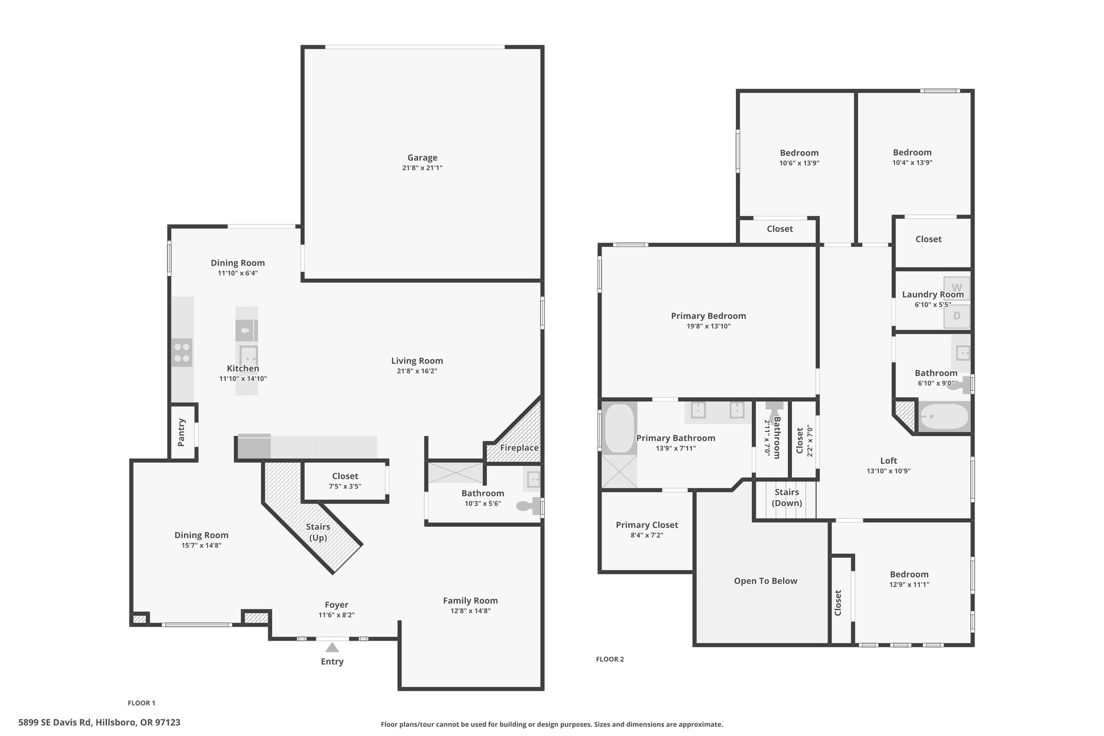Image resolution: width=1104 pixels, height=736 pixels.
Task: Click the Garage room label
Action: pos(422,157)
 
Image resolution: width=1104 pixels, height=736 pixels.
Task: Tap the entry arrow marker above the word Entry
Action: pos(332,648)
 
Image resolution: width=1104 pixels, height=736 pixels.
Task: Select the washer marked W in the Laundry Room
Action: pos(957,288)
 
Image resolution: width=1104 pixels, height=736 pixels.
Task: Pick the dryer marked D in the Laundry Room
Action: pos(957,316)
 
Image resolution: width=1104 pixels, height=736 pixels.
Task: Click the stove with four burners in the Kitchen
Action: pos(182,353)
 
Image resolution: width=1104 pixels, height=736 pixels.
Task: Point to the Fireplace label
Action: pos(519,448)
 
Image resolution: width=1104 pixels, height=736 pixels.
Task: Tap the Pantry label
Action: pos(181,432)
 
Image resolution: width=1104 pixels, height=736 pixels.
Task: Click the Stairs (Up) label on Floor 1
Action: pos(318,532)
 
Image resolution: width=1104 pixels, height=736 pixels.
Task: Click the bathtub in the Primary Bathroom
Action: pos(619,429)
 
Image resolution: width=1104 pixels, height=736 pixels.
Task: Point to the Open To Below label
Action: pos(765,581)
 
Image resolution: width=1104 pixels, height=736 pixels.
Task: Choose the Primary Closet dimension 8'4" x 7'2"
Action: pos(647,535)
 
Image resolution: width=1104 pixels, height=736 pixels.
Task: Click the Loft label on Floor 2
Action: pos(888,460)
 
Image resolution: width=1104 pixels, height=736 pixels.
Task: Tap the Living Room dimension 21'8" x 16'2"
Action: pos(417,371)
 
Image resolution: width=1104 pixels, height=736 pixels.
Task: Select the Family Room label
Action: pos(471,601)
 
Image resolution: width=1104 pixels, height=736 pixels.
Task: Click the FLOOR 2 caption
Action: pos(610,659)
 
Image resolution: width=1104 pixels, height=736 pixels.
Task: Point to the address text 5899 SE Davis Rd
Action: pos(56,722)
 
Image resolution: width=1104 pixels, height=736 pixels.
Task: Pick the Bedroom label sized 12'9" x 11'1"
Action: pos(909,574)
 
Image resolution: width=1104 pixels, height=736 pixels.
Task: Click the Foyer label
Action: pos(336,605)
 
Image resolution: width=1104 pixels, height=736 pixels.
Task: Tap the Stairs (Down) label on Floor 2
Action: pos(787,498)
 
